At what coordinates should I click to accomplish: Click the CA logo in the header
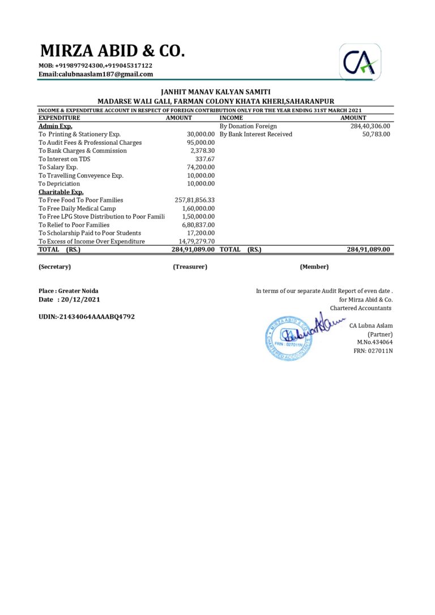(360, 62)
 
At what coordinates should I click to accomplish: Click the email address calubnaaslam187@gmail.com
(96, 74)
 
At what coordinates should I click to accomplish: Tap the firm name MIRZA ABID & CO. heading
(112, 51)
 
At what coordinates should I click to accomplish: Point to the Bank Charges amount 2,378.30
(202, 150)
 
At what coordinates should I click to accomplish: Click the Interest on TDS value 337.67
(205, 159)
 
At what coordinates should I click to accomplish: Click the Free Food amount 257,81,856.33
(195, 200)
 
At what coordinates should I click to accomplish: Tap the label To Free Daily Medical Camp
(77, 208)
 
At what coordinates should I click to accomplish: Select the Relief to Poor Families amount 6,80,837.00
(198, 225)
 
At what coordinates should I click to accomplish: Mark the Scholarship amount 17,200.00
(201, 233)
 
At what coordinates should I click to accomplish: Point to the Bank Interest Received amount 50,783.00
(376, 134)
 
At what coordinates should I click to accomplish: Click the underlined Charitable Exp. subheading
(61, 192)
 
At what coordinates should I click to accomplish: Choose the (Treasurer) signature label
(190, 266)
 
